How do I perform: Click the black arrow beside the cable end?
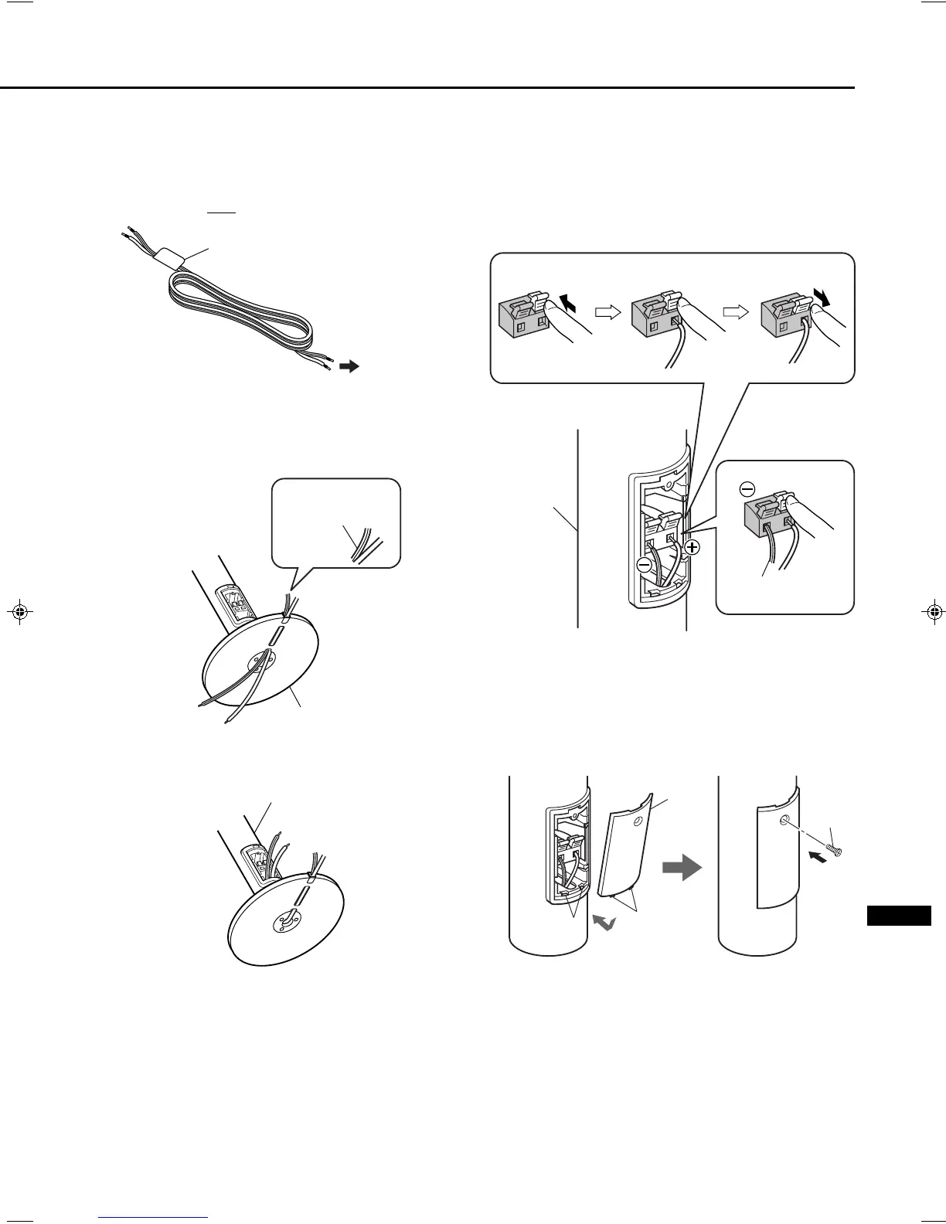pos(349,367)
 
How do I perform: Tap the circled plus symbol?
pos(692,548)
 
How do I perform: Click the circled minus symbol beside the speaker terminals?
pos(645,565)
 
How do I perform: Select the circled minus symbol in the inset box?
pos(746,489)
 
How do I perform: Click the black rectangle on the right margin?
pos(898,916)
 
